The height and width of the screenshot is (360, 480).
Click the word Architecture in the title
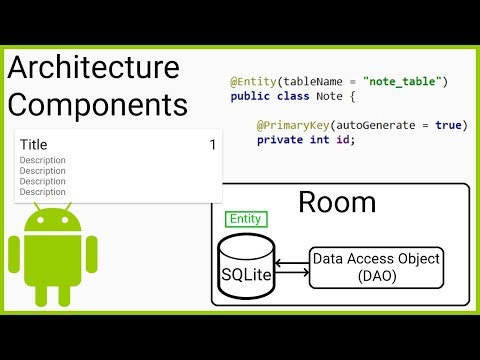tap(94, 68)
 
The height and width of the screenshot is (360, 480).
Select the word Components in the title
tap(97, 105)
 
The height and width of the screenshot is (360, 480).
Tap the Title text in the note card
tap(33, 145)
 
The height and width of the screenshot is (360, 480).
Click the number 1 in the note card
tap(212, 146)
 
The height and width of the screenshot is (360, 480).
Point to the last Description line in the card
tap(43, 192)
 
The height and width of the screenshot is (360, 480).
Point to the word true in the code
tap(451, 124)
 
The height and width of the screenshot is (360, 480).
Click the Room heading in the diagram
tap(337, 203)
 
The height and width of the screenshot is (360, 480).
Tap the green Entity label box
tap(245, 219)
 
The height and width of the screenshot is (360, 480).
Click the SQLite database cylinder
tap(245, 267)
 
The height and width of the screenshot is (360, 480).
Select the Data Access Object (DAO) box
tap(375, 267)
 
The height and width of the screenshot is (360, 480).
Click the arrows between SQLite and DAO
tap(291, 266)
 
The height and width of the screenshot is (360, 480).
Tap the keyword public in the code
tap(251, 96)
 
